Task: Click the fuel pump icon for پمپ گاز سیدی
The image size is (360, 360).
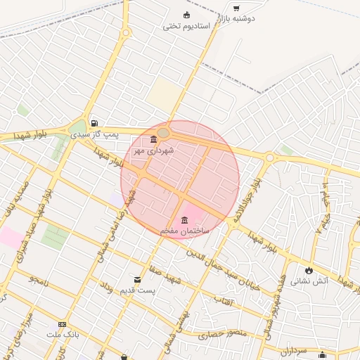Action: tap(94, 122)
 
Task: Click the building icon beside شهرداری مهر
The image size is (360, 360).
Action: tap(154, 139)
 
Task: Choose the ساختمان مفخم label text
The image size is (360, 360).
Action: tap(184, 231)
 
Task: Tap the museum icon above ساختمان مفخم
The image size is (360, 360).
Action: tap(184, 219)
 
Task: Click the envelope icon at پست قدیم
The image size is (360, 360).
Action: tap(138, 279)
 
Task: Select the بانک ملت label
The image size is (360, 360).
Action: tap(63, 335)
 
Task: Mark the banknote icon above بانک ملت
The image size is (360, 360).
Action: tap(63, 324)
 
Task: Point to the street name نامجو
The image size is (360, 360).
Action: tap(38, 279)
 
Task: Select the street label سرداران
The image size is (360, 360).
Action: tap(293, 348)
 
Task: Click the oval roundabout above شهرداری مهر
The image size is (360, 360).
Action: tap(163, 133)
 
